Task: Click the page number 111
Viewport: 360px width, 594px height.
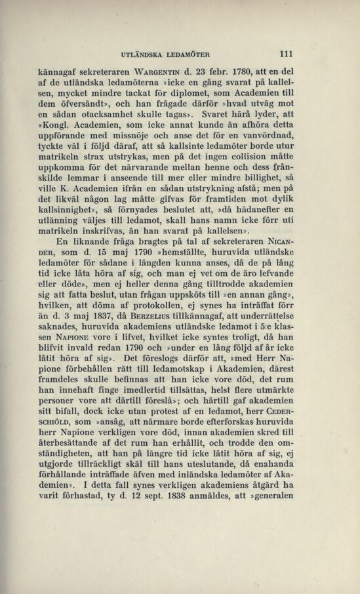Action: (285, 55)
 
